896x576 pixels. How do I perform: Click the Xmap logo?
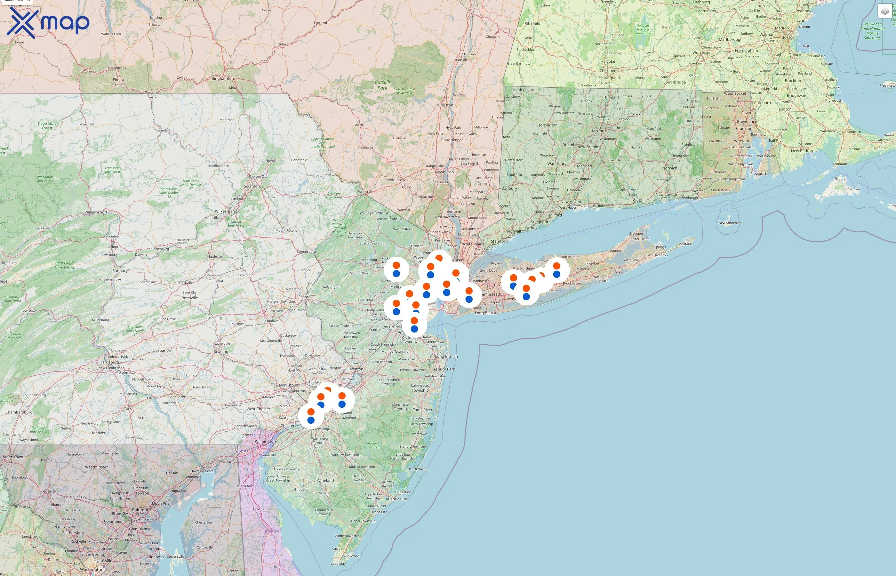tap(48, 22)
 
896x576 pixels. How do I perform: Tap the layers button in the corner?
tap(885, 11)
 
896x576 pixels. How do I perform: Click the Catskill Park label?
tap(382, 85)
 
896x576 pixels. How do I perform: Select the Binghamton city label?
tap(222, 78)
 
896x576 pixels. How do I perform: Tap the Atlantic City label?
tap(396, 499)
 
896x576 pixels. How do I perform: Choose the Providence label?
tap(747, 122)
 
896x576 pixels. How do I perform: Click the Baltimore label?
tap(141, 510)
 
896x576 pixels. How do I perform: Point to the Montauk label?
tap(685, 244)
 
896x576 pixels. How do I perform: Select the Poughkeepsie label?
tap(454, 140)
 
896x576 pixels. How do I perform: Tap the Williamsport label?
tap(96, 212)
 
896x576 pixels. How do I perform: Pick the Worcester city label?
tap(701, 53)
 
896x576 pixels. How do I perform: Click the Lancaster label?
tap(177, 397)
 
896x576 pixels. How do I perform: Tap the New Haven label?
tap(570, 202)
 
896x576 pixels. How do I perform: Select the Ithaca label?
tap(155, 25)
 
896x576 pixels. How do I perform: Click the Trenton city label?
tap(356, 369)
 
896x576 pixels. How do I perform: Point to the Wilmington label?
tap(265, 441)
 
